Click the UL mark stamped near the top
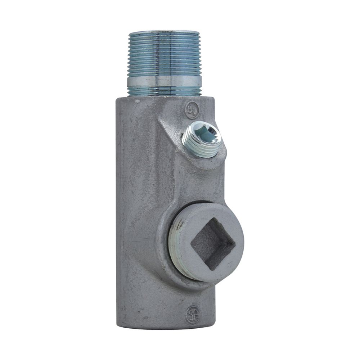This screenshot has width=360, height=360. tap(192, 111)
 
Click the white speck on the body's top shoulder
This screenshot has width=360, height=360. tap(137, 102)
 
